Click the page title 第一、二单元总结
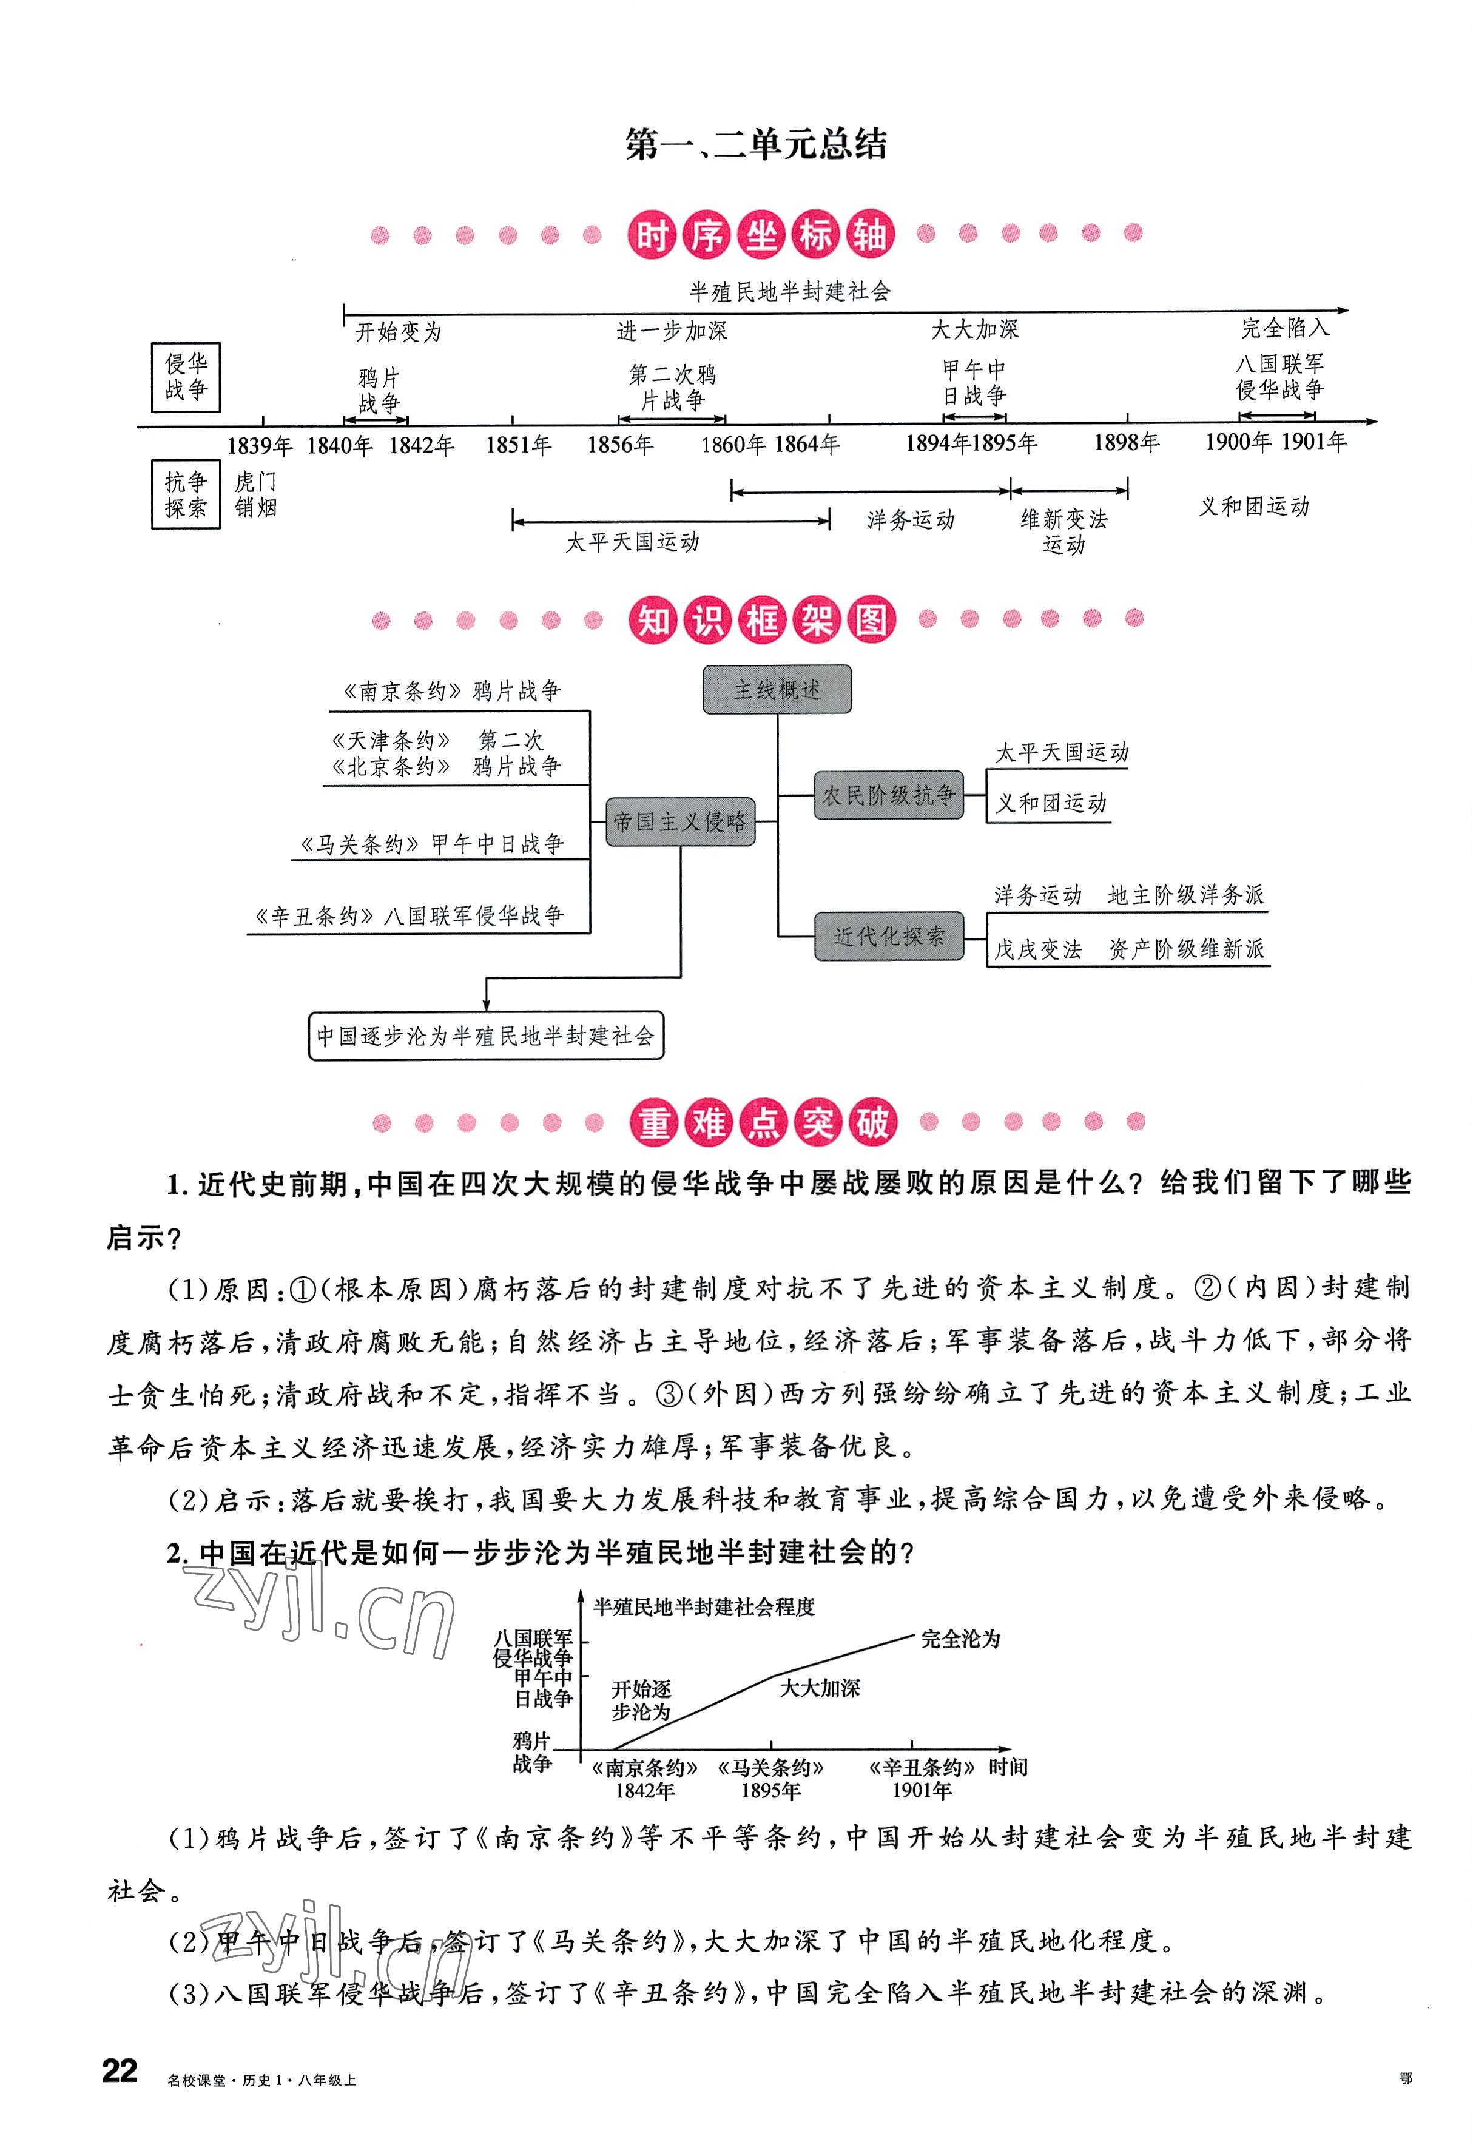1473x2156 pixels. (x=756, y=145)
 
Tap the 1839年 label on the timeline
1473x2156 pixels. (x=259, y=446)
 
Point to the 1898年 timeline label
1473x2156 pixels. (x=1126, y=443)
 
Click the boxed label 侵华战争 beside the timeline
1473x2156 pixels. (x=186, y=377)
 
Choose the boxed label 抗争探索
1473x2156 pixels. (x=186, y=494)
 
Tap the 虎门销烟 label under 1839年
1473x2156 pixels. (x=255, y=494)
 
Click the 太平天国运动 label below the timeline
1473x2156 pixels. (x=633, y=543)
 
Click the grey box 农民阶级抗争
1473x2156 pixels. (x=888, y=795)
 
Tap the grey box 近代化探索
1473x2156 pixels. (x=888, y=936)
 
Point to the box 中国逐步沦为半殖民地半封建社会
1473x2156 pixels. (x=485, y=1036)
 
